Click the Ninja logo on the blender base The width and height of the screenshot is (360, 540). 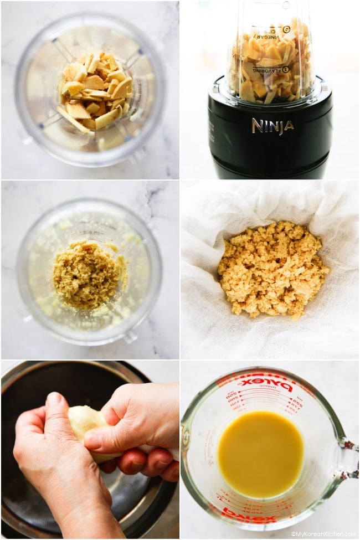272,126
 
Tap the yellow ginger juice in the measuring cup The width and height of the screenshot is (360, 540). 260,454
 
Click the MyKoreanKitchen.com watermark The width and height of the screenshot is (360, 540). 323,534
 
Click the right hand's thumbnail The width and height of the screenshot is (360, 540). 93,440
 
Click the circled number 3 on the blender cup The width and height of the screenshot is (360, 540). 286,70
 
